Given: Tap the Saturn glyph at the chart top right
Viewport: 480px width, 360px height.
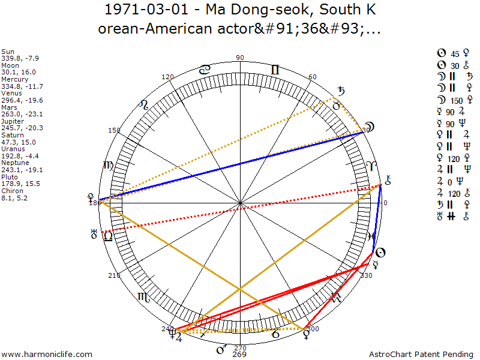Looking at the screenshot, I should click(341, 92).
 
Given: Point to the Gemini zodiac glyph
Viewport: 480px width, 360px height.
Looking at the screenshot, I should click(275, 70).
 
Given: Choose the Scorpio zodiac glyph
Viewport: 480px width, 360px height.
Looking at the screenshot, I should click(143, 296).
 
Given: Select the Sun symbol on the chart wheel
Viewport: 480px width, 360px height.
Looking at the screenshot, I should click(380, 253).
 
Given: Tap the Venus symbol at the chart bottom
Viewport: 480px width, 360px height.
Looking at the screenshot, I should click(305, 331).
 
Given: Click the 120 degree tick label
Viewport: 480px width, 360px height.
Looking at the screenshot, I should click(167, 77).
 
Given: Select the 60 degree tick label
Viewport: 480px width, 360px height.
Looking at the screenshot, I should click(313, 77).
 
